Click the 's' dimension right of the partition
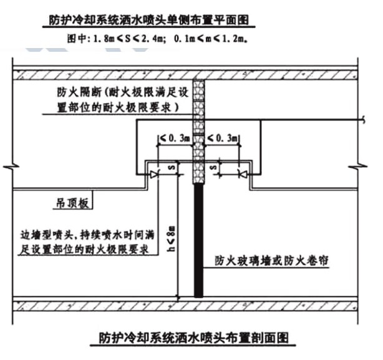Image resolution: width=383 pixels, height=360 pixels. pyautogui.click(x=216, y=168)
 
